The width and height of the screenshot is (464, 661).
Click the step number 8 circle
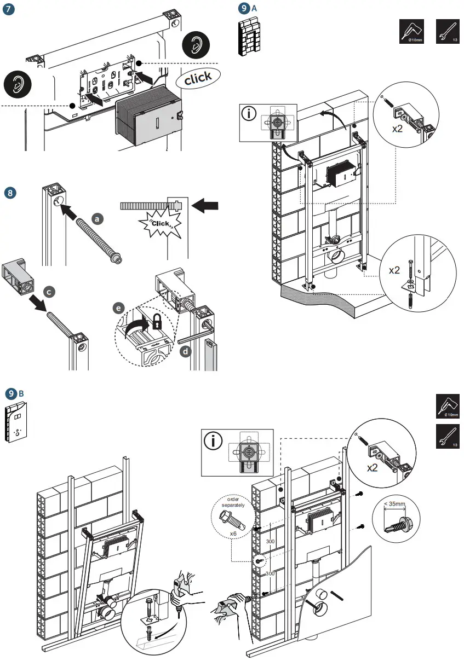pos(9,193)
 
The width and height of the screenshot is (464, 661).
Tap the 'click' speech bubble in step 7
pos(198,79)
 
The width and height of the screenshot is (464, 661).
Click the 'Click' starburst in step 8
pos(161,223)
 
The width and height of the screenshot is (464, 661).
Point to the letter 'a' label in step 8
pos(98,218)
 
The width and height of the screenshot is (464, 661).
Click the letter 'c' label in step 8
pos(49,293)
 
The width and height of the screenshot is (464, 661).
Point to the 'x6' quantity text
pos(233,533)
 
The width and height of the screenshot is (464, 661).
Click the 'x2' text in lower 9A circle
pos(395,270)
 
